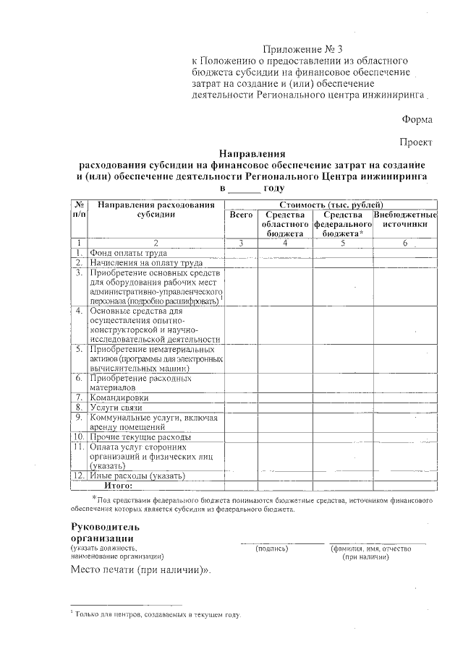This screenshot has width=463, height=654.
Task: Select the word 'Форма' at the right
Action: (417, 119)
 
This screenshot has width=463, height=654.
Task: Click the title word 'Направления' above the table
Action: (252, 153)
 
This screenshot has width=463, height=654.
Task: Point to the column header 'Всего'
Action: (241, 215)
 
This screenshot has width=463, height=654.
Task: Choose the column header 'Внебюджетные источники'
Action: (405, 220)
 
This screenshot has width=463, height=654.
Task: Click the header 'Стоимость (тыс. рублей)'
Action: (331, 205)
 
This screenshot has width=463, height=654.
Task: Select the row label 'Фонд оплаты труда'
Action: (128, 253)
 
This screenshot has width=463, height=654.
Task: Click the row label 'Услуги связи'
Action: (116, 408)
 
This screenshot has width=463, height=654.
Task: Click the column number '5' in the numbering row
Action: (342, 243)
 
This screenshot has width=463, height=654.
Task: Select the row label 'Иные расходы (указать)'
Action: (137, 476)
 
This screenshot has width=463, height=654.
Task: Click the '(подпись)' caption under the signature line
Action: (272, 548)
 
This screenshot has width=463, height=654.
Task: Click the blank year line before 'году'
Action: (243, 189)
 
